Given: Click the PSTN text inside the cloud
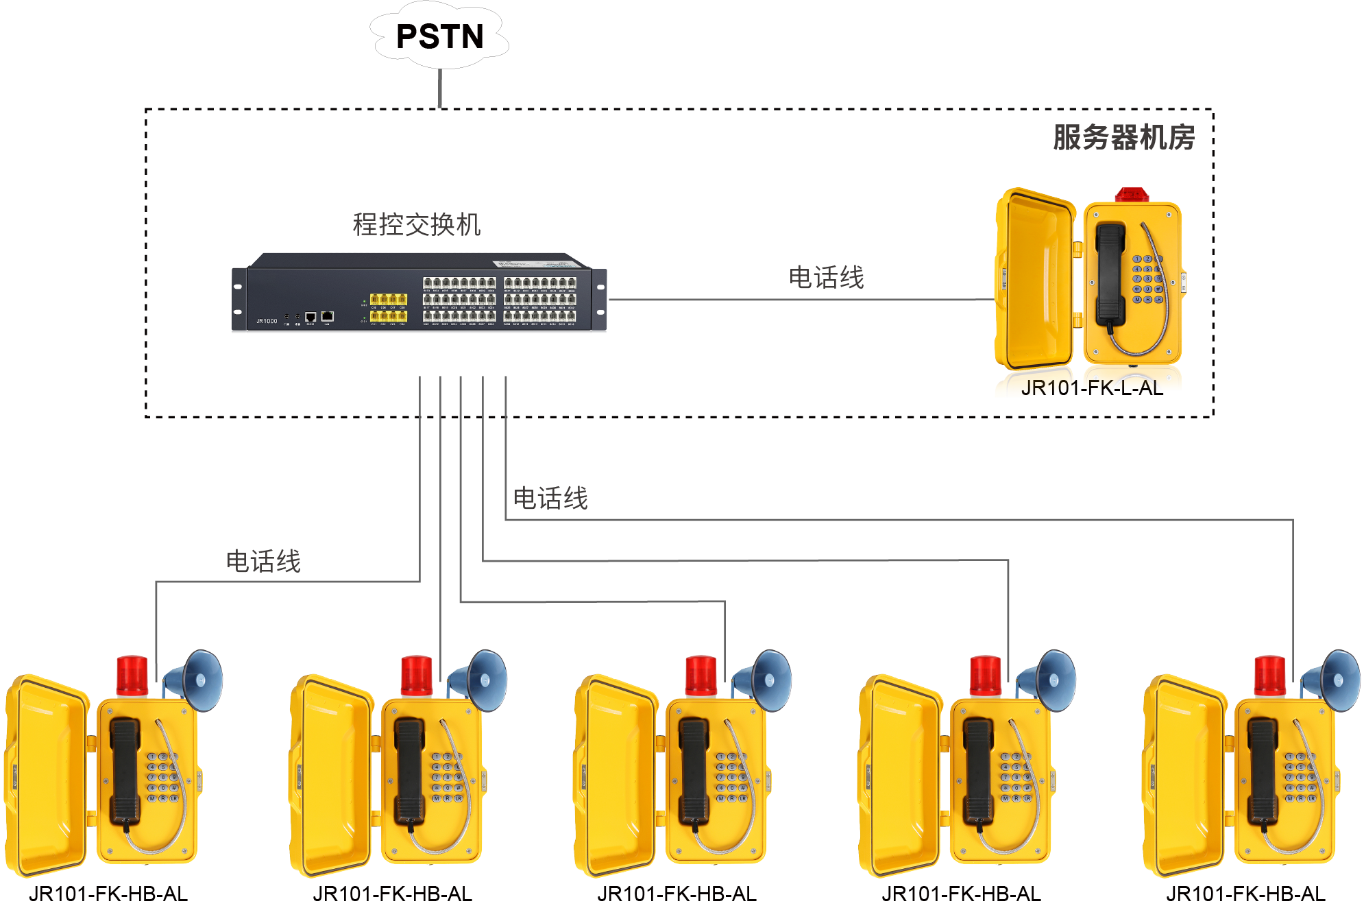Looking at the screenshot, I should tap(439, 36).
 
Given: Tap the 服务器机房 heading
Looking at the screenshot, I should tap(1123, 137).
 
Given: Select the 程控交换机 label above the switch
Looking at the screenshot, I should tap(417, 224).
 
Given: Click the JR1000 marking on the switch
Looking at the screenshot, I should tap(267, 321).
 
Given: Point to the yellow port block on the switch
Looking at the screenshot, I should tap(389, 307).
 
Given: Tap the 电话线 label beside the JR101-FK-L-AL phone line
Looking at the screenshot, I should tap(826, 278).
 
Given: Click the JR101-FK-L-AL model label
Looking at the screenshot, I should tap(1092, 388).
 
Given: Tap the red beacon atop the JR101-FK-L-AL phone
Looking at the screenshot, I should tap(1132, 194).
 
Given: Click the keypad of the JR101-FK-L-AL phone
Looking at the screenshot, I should tap(1147, 279).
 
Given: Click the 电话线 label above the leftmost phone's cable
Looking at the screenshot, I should tap(263, 561).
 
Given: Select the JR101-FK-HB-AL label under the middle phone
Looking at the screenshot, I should tap(677, 894).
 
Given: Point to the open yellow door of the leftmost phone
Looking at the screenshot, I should tap(45, 775).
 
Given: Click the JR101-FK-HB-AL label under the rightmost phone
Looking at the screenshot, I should tap(1245, 894).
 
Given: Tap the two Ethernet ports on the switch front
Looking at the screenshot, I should tap(319, 316).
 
